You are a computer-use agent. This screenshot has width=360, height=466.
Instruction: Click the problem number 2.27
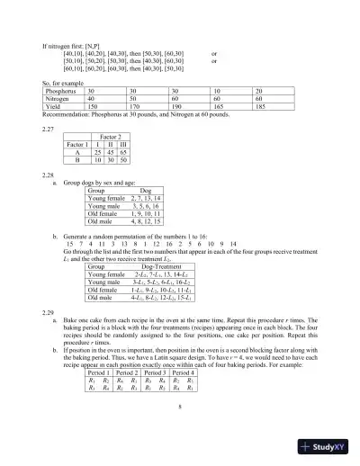tap(49, 128)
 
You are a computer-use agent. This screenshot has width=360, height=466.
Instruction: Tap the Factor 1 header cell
tap(77, 144)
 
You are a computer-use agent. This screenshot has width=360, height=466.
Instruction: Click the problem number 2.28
tap(49, 175)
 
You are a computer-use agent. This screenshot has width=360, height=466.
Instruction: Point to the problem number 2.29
tap(49, 284)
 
